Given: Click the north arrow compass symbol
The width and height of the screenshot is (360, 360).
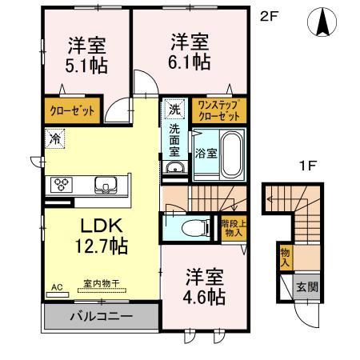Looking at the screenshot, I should pos(324,22).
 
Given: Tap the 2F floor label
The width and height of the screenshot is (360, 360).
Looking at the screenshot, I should pos(268,17).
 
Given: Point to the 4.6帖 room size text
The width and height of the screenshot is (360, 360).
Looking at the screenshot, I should pos(203,297).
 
